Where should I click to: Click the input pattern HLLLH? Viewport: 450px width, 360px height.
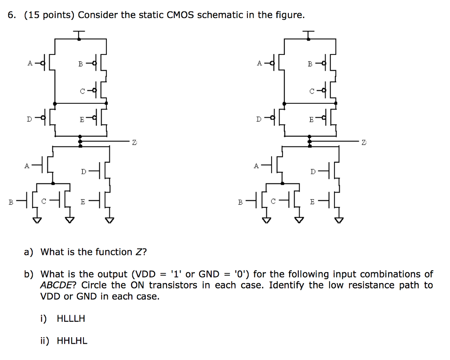pos(71,319)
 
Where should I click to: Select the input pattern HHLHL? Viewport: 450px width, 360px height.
pos(72,341)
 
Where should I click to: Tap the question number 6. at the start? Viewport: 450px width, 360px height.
pos(12,15)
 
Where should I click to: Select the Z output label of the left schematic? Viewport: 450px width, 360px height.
pos(134,142)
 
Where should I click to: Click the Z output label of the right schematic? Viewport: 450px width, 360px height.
pos(363,142)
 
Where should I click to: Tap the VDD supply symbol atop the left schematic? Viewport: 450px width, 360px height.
pos(79,33)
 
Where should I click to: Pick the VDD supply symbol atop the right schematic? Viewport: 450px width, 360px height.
pos(309,33)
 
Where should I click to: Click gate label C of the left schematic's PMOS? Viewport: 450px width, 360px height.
pos(82,91)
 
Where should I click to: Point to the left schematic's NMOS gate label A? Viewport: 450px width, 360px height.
pos(27,166)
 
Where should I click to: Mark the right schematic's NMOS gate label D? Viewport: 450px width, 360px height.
pos(312,171)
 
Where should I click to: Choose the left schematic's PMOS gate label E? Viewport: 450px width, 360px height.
pos(82,119)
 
